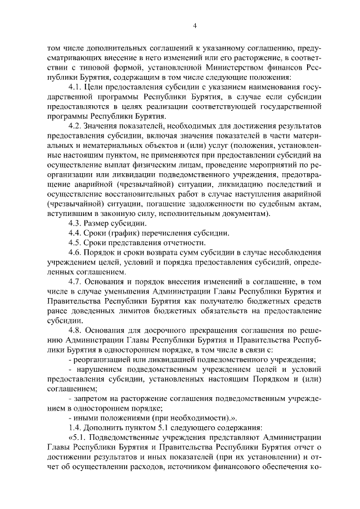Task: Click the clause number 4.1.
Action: click(76, 88)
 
